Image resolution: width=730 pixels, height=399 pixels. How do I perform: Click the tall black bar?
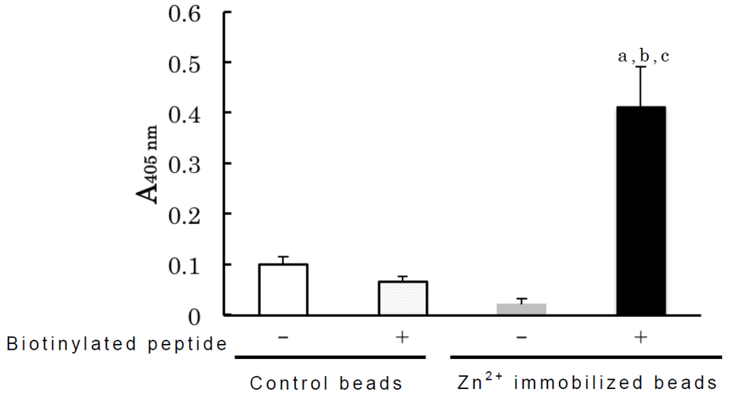(x=640, y=211)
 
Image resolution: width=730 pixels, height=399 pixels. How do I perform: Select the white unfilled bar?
(x=283, y=289)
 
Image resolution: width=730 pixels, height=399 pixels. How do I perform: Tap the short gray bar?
(x=521, y=308)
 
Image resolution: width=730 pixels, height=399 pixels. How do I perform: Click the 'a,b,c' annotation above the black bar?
(x=642, y=56)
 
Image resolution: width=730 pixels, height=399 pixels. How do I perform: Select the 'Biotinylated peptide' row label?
(x=116, y=344)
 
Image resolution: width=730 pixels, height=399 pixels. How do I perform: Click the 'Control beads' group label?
(x=326, y=383)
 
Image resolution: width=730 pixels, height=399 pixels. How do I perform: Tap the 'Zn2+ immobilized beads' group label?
(x=586, y=381)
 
